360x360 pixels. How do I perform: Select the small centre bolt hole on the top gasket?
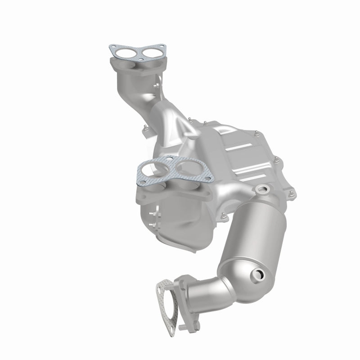[x=140, y=57]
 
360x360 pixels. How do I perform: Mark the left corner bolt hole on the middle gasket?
[x=143, y=168]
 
